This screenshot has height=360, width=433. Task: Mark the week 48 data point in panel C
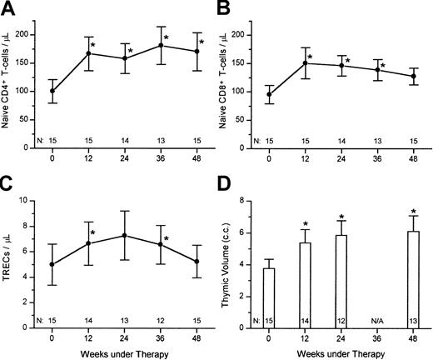pos(197,262)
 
